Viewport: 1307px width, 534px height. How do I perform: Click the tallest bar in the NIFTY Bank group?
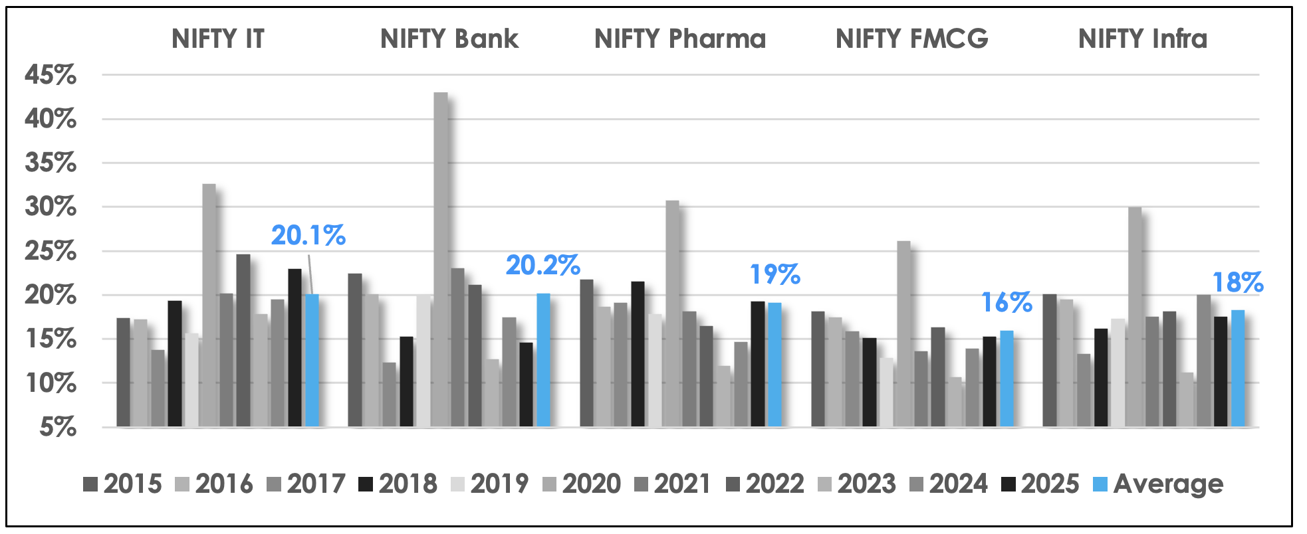[441, 259]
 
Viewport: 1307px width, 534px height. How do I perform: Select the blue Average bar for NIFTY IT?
[312, 360]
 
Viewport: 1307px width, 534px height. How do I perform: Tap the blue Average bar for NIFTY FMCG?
[1007, 379]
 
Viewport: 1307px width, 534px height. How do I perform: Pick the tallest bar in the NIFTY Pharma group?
[672, 313]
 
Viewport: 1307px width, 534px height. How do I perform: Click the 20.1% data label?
[308, 236]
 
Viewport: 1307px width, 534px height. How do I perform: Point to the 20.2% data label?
[543, 266]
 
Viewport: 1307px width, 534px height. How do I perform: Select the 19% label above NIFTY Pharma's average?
[775, 274]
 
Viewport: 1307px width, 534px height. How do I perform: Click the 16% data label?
[1007, 303]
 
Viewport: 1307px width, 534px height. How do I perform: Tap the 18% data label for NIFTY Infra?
[1238, 283]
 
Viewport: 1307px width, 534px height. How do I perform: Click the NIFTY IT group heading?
[218, 39]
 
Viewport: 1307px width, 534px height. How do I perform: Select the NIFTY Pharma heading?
[680, 39]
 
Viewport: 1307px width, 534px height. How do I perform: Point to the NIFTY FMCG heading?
[912, 39]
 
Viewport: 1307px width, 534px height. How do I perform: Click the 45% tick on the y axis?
[51, 75]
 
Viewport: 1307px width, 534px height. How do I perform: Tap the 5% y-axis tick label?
[58, 427]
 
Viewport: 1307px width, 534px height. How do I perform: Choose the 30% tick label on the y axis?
[51, 207]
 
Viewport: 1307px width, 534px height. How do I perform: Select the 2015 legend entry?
[123, 484]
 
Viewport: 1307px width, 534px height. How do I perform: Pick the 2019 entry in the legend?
[490, 484]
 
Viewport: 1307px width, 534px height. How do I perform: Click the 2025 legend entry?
[1040, 484]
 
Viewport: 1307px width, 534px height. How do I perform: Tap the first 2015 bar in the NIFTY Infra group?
[1049, 360]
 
